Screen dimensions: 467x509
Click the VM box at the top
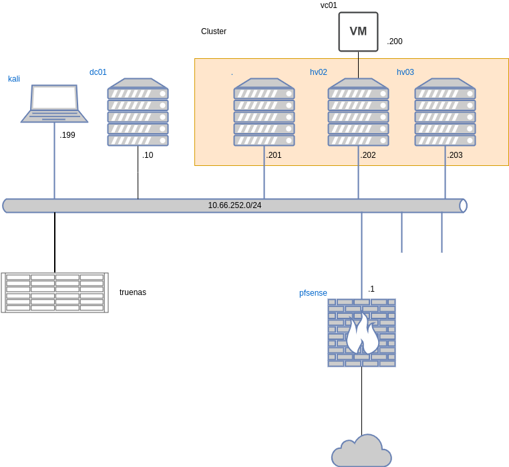click(x=358, y=31)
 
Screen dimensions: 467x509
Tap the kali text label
click(x=14, y=79)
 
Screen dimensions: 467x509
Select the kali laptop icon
click(x=54, y=104)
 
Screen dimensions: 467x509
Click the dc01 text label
click(x=98, y=72)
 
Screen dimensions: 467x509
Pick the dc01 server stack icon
click(x=138, y=112)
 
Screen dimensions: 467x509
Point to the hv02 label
click(x=319, y=72)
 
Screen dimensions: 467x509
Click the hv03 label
click(x=405, y=72)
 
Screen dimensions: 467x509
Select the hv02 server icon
click(x=358, y=112)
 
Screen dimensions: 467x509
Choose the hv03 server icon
click(x=445, y=112)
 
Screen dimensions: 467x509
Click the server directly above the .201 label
click(x=264, y=112)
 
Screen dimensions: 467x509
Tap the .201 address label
click(x=274, y=155)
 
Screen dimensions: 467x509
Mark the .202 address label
click(x=368, y=155)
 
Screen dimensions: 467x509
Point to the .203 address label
click(x=455, y=155)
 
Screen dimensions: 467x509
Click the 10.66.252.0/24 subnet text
click(x=234, y=205)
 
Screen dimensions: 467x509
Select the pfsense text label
click(x=313, y=293)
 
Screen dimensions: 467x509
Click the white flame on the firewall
click(x=362, y=334)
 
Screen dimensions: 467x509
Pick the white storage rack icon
click(x=55, y=292)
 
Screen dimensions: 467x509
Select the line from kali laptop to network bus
click(x=54, y=161)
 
